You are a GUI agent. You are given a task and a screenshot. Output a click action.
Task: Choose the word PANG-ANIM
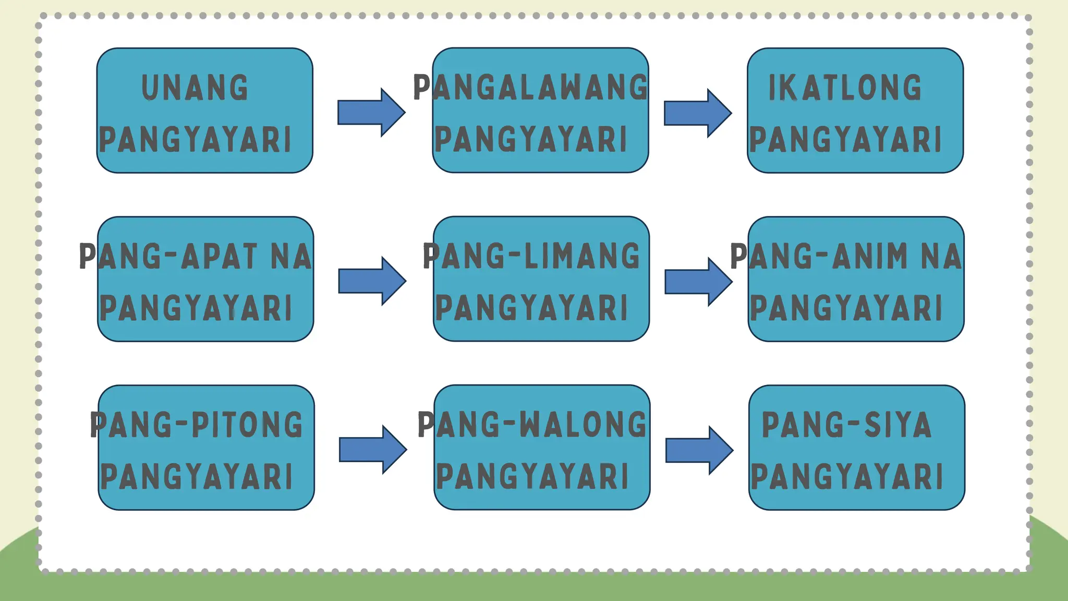tap(819, 256)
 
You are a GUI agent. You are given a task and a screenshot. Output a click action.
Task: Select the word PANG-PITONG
tap(196, 425)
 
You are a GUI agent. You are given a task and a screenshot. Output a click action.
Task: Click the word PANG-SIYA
tap(846, 425)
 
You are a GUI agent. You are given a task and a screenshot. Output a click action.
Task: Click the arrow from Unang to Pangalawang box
tap(371, 113)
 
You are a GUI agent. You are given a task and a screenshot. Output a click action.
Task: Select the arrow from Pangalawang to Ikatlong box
tap(698, 113)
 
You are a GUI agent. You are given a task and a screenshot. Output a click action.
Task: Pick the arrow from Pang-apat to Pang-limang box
tap(372, 281)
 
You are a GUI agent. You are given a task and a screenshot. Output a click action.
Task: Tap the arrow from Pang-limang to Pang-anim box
tap(699, 282)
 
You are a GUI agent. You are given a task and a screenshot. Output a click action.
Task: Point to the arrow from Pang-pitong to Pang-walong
tap(373, 450)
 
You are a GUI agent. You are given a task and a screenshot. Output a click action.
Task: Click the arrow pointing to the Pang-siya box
tap(699, 450)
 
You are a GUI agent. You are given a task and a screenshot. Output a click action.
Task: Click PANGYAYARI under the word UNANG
tap(195, 140)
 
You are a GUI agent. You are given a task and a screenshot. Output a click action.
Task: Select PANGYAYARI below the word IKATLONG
tap(845, 140)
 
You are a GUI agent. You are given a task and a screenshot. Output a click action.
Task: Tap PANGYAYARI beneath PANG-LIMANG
tap(531, 308)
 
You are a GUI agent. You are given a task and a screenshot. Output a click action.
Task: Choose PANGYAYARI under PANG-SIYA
tap(847, 477)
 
